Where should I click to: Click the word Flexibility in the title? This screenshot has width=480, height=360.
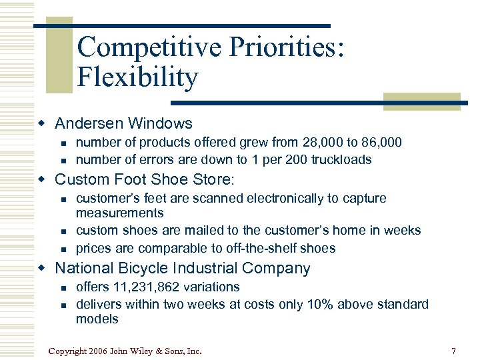[137, 77]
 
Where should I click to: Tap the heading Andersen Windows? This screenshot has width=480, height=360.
[123, 123]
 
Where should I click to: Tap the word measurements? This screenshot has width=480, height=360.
[119, 213]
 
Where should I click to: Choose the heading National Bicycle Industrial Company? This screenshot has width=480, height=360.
[182, 269]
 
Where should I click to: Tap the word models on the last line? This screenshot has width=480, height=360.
[97, 319]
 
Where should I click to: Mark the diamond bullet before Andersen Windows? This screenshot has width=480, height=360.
[42, 123]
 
